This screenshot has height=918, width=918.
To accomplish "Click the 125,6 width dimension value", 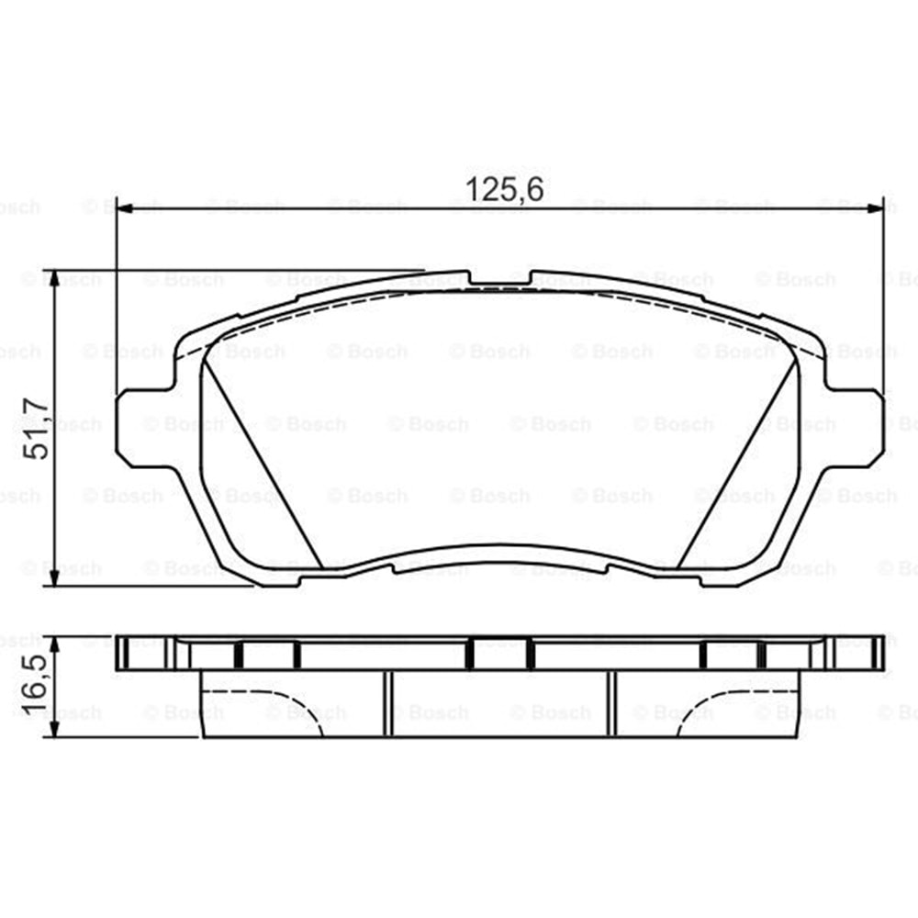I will click(504, 189).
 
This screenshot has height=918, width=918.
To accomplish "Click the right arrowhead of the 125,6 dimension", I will click(876, 208).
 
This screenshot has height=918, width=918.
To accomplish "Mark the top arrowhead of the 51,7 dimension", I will click(57, 279).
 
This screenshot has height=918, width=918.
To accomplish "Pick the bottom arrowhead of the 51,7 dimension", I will click(57, 577).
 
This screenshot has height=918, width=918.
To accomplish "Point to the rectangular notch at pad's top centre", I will click(500, 278).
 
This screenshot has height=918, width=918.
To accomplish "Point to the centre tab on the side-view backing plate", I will click(500, 653).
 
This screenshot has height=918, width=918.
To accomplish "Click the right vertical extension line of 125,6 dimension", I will click(884, 294).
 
